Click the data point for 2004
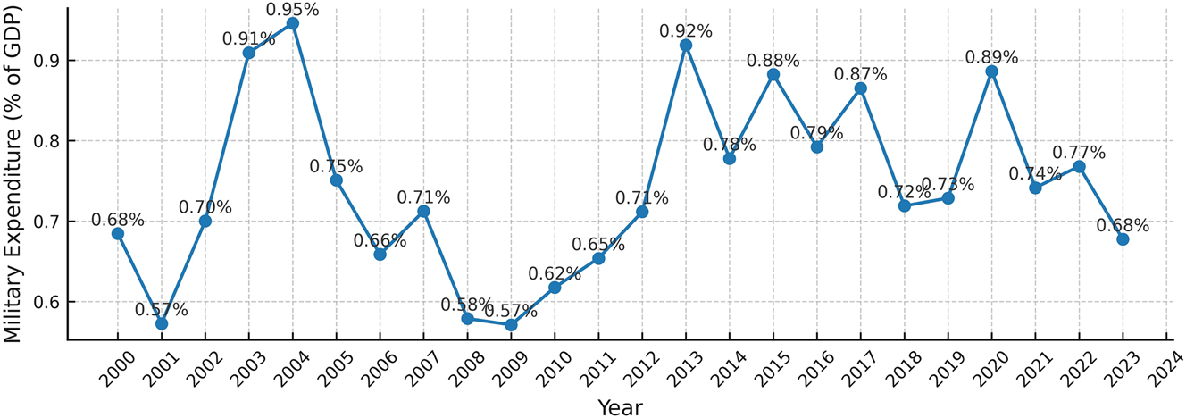tap(293, 23)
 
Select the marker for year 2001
tap(162, 323)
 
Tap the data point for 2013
tap(686, 45)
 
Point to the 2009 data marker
tap(511, 325)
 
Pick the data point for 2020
tap(991, 71)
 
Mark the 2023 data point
tap(1123, 239)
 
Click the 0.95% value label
tap(293, 9)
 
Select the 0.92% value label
tap(686, 31)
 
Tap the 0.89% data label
tap(991, 58)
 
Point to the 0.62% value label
tap(555, 273)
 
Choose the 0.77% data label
tap(1079, 153)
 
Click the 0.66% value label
tap(380, 240)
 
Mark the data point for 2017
tap(860, 88)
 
